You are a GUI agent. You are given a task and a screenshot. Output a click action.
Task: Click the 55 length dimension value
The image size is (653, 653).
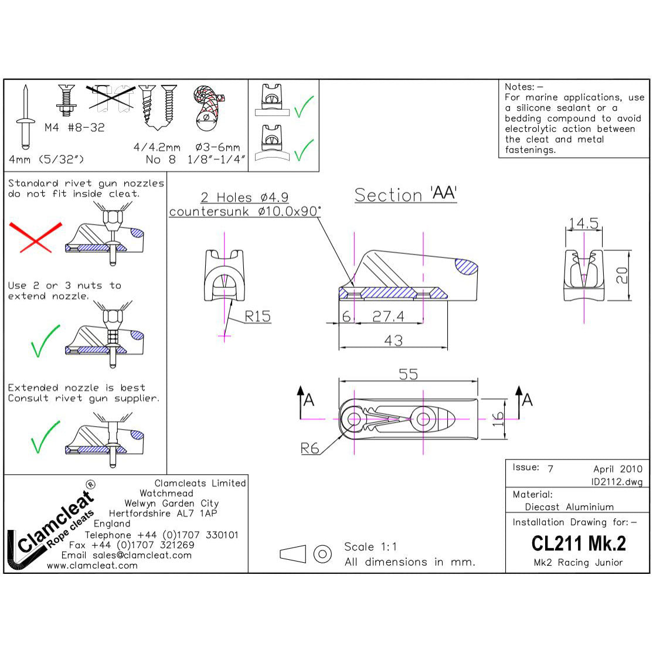tap(408, 374)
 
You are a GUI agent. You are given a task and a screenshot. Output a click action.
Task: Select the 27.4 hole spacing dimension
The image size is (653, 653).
tap(388, 317)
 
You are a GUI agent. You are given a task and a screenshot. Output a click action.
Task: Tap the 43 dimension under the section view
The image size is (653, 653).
tap(393, 340)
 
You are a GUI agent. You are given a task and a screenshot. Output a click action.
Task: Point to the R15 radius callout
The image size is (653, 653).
tap(257, 317)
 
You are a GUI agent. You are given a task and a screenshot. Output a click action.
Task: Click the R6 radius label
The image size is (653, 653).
tap(310, 448)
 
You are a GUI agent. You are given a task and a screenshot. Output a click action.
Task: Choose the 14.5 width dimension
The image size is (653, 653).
tap(583, 223)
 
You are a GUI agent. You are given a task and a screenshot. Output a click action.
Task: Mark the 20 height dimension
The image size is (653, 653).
tap(622, 275)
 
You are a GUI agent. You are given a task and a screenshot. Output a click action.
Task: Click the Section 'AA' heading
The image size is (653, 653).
tap(406, 195)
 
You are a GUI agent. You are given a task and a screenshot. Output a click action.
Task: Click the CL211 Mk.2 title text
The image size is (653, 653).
tap(579, 543)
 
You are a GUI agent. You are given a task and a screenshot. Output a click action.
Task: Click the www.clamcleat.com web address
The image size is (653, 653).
tap(92, 566)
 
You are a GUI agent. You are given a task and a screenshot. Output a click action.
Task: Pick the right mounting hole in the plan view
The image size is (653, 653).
tap(424, 419)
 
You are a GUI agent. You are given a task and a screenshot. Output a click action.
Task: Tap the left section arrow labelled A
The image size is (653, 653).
tap(305, 401)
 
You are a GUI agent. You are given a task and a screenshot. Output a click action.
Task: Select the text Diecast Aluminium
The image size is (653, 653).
tap(569, 506)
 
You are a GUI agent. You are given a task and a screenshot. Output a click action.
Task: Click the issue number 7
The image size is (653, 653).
tap(550, 469)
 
